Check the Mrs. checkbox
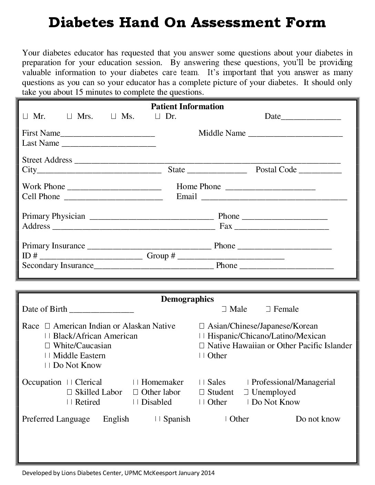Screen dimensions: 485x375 coord(69,116)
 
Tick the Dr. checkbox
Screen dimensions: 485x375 coord(158,116)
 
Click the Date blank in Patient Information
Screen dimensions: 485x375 coord(311,117)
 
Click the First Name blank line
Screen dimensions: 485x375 coord(108,134)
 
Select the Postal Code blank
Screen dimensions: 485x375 coord(320,171)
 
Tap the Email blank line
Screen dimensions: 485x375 coord(274,197)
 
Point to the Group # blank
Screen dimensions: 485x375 coord(231,257)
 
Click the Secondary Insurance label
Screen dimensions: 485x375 coord(58,266)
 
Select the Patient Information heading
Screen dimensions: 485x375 coord(187,106)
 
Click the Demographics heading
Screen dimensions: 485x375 coord(187,299)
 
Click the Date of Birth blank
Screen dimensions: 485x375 coord(101,310)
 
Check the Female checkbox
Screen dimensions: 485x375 coord(268,309)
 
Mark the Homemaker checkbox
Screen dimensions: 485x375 coord(135,382)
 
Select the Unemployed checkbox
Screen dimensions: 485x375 coord(246,392)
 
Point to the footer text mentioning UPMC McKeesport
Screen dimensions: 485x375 coord(118,473)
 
